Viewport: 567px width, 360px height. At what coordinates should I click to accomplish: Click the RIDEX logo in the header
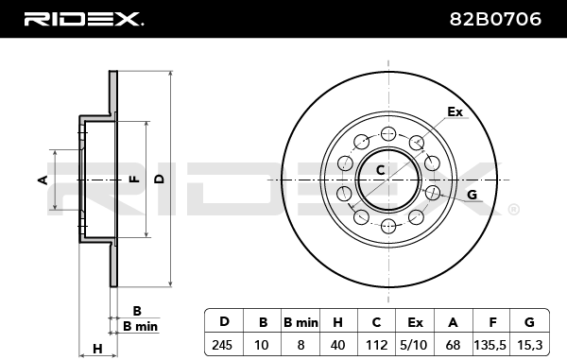[83, 19]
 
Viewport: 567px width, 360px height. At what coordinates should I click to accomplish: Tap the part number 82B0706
[495, 19]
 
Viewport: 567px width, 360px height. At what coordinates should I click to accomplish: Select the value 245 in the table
[222, 345]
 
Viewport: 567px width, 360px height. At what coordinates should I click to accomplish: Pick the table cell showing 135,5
[490, 346]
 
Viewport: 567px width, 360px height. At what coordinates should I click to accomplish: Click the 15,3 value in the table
[530, 346]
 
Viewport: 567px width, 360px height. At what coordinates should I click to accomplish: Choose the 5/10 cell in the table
[414, 346]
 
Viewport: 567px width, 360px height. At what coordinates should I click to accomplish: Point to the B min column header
[301, 322]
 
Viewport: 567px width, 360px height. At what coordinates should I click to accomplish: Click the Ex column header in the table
[415, 322]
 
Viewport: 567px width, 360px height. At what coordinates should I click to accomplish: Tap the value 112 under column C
[376, 345]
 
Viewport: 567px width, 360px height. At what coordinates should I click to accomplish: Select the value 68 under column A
[453, 345]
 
